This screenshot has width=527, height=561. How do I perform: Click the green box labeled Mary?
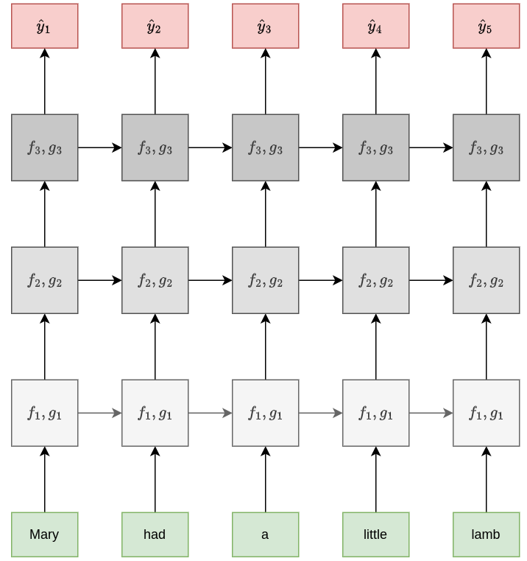(x=45, y=534)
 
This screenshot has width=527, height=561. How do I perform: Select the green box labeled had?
(x=155, y=534)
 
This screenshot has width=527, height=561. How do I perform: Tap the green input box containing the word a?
(x=266, y=534)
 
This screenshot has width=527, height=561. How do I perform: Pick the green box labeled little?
(x=376, y=534)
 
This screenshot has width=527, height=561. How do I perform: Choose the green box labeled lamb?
(x=487, y=534)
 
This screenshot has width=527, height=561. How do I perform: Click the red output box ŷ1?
(x=45, y=26)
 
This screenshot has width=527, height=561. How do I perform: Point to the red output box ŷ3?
(x=266, y=26)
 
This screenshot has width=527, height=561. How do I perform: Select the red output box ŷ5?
(x=487, y=26)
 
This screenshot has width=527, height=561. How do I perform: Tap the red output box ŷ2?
(x=155, y=26)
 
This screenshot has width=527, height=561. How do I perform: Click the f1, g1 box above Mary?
(x=45, y=413)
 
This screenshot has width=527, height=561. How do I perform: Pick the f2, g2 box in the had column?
(x=155, y=280)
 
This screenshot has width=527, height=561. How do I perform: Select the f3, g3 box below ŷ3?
(x=266, y=147)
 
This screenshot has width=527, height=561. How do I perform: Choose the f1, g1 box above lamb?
(x=487, y=413)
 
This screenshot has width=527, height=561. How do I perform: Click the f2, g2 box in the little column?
(x=376, y=280)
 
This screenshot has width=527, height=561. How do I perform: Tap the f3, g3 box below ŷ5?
(x=487, y=147)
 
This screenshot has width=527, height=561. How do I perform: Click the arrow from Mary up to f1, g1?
(x=45, y=479)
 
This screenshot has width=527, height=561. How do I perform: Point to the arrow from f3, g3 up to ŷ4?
(x=376, y=81)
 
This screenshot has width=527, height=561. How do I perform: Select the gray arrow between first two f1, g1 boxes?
(x=100, y=413)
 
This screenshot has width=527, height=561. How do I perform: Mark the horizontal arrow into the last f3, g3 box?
(x=431, y=147)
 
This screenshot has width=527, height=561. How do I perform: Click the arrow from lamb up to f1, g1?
(x=487, y=479)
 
